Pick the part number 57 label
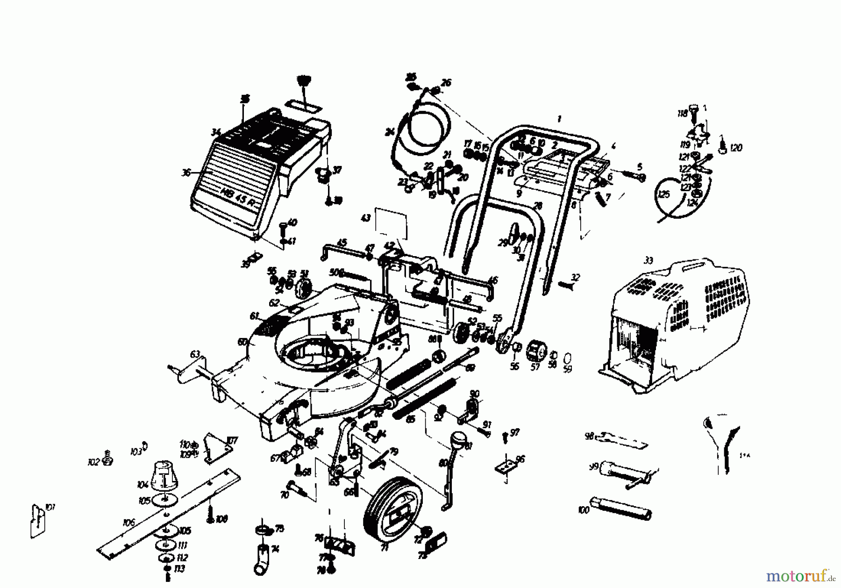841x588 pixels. click(535, 367)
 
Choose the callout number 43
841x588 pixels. click(366, 218)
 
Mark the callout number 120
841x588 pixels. click(736, 148)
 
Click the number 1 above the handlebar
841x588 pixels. click(559, 119)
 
